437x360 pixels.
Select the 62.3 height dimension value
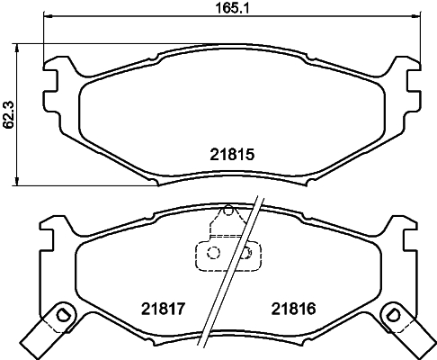pos(9,114)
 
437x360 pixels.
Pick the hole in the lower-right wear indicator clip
pos(394,315)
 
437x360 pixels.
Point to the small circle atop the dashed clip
pos(228,213)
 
